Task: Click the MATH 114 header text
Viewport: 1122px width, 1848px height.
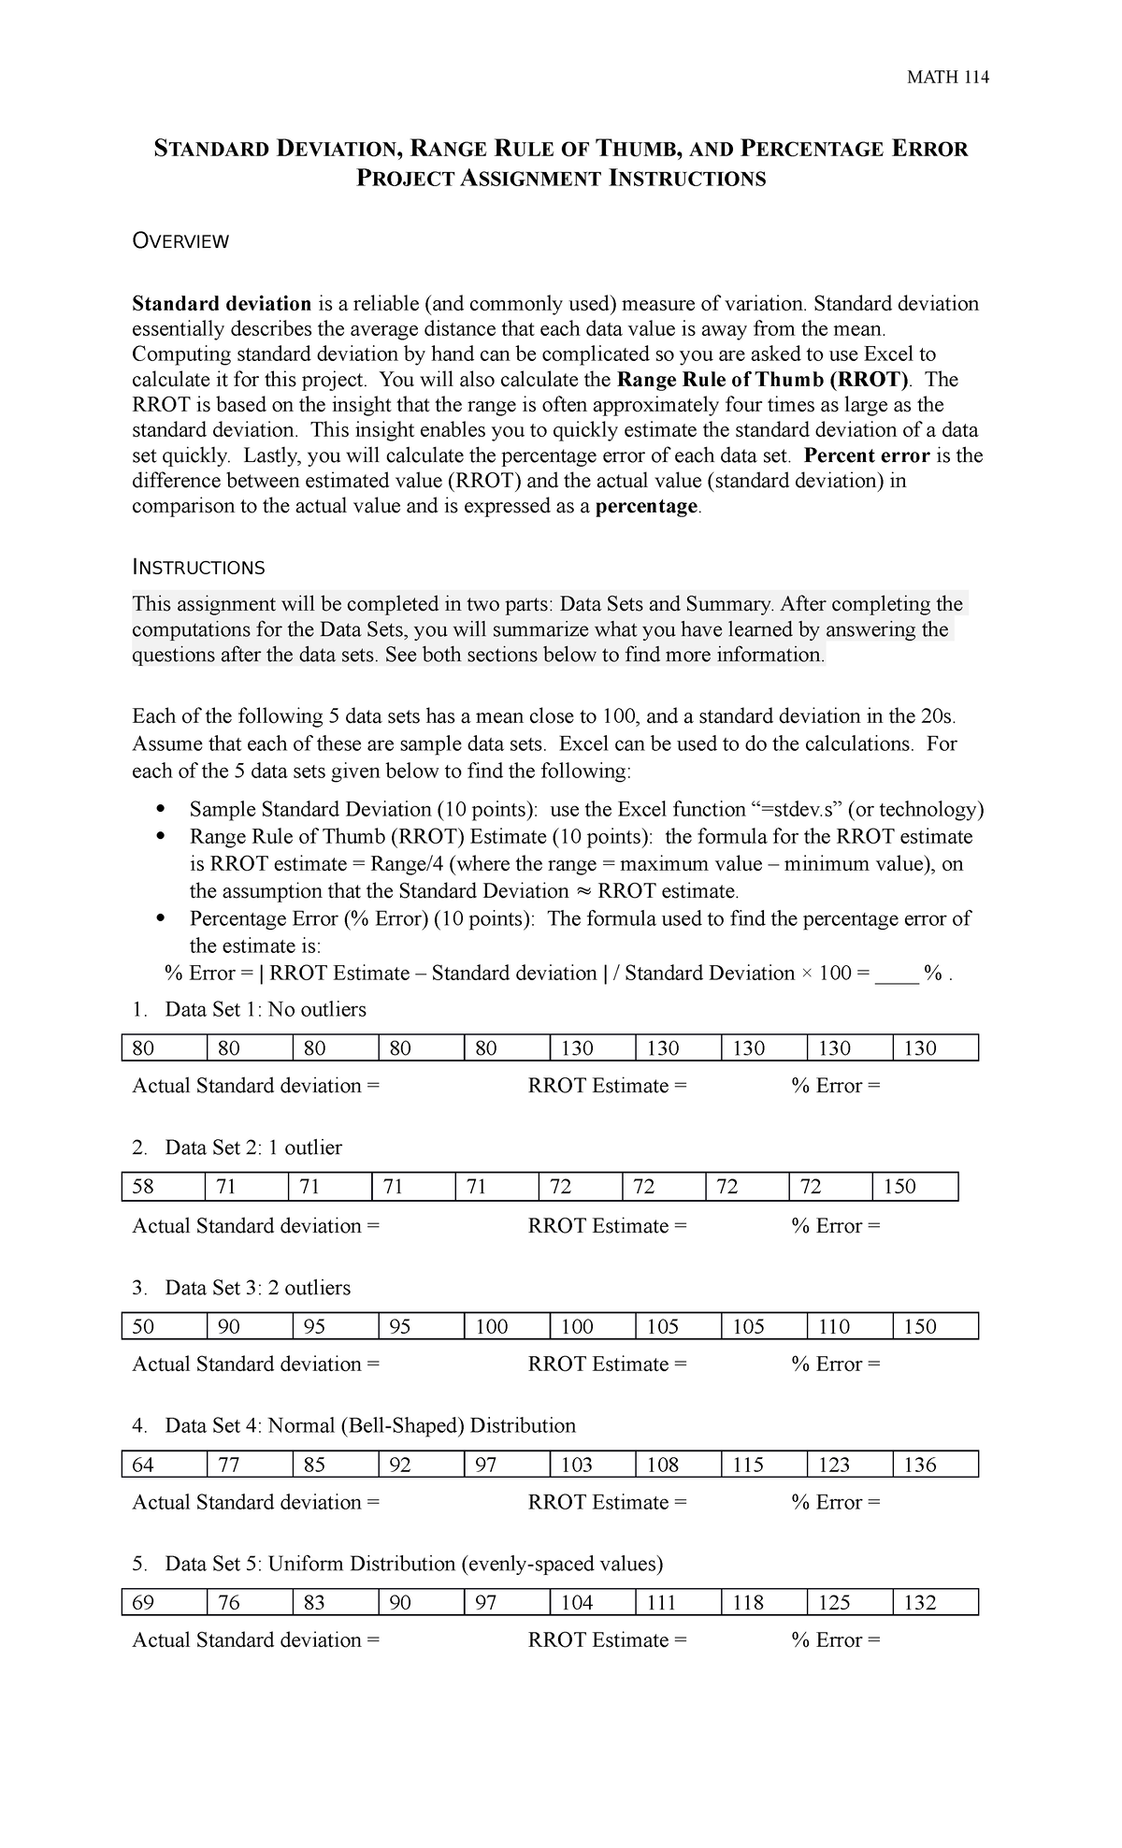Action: [x=947, y=78]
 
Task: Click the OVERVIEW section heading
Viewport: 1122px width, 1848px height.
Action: [x=180, y=241]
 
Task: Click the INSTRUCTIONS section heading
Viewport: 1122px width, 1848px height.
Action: [x=198, y=568]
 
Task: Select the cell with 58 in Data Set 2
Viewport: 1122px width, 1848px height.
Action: [x=163, y=1187]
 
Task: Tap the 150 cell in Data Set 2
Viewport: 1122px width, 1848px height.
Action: [x=914, y=1187]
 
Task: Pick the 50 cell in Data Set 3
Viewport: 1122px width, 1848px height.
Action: [x=163, y=1326]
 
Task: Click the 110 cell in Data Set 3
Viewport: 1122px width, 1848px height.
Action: [x=848, y=1326]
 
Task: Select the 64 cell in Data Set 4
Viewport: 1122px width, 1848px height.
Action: [x=163, y=1465]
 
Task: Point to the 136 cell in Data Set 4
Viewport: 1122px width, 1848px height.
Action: [x=934, y=1465]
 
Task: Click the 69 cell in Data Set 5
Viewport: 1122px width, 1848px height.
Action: [x=163, y=1603]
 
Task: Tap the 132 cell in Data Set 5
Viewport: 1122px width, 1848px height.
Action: [x=934, y=1603]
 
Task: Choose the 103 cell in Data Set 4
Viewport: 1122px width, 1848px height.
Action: [x=591, y=1465]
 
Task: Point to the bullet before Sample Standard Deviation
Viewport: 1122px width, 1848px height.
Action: [x=162, y=810]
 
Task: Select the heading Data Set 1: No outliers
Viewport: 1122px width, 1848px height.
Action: [x=265, y=1010]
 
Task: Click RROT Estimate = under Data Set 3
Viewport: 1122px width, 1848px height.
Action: [x=607, y=1364]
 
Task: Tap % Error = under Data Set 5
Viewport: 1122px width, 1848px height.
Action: [x=836, y=1640]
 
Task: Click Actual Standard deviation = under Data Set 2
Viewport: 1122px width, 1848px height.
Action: [x=256, y=1226]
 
